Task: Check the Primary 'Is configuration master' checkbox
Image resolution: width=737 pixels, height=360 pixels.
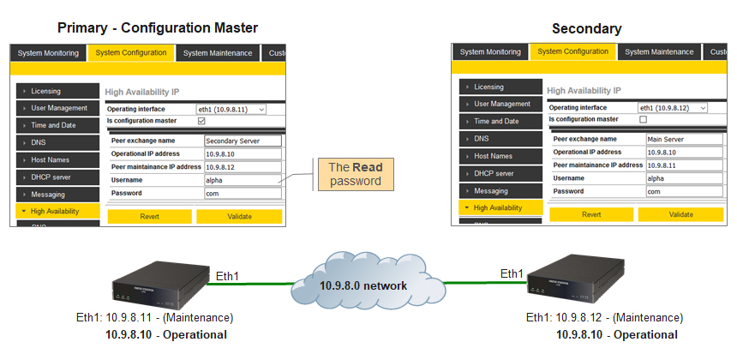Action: click(x=201, y=121)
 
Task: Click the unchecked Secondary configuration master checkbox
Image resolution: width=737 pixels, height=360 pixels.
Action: click(x=644, y=119)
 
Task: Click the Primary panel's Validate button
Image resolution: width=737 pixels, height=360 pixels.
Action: click(x=239, y=217)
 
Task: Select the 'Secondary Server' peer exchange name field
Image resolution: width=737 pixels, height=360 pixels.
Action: click(x=243, y=141)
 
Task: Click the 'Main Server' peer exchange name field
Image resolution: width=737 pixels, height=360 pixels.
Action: click(x=685, y=139)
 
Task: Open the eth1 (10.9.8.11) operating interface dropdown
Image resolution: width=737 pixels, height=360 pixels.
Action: click(x=231, y=109)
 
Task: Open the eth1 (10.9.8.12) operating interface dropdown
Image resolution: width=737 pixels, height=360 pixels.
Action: click(x=673, y=108)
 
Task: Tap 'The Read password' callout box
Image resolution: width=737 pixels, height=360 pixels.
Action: click(x=356, y=174)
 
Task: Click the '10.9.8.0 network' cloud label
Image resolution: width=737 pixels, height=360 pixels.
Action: click(x=363, y=285)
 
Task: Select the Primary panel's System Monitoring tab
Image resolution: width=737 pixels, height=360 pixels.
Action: click(x=48, y=53)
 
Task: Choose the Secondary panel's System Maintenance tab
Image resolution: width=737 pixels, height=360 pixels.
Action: click(x=659, y=52)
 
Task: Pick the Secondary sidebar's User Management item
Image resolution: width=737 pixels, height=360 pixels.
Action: click(x=500, y=104)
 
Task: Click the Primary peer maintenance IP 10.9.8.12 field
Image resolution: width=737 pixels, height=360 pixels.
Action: click(x=243, y=167)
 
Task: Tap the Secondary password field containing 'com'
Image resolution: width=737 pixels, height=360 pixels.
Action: click(x=685, y=191)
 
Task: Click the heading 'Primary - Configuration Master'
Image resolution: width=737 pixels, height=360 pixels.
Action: click(x=158, y=27)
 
